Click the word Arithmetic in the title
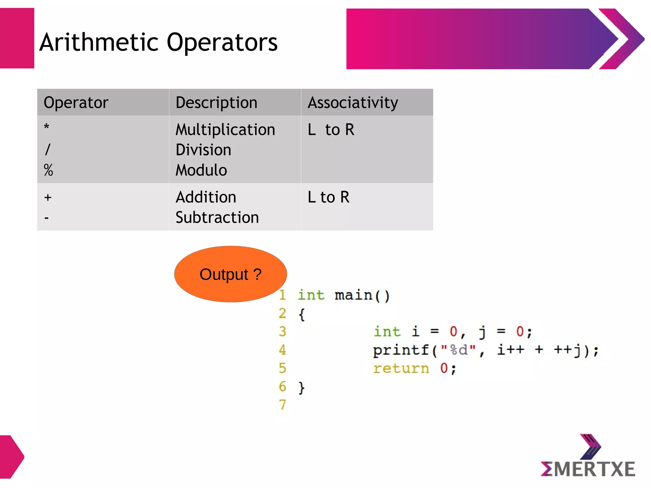(99, 42)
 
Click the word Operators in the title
(222, 43)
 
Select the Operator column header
(76, 103)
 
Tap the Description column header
(216, 103)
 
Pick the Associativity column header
(353, 103)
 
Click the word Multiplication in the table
(225, 130)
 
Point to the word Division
(203, 150)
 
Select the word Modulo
(201, 170)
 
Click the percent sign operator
(48, 170)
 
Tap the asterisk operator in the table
(47, 127)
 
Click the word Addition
(206, 197)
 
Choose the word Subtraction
(217, 217)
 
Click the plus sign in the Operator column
(48, 197)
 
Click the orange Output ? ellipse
(230, 274)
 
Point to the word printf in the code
(401, 350)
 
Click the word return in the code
(401, 369)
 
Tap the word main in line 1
(353, 295)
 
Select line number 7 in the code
(282, 405)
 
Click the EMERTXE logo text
(588, 469)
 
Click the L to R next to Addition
(328, 197)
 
